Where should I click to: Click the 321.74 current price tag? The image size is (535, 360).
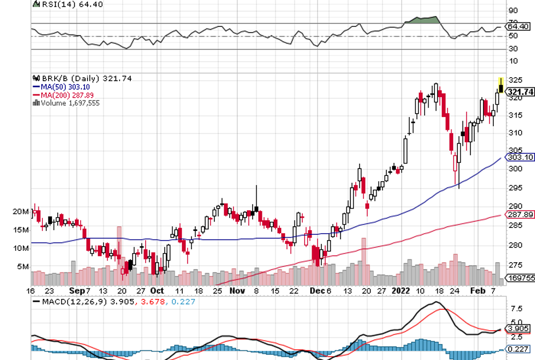click(x=520, y=91)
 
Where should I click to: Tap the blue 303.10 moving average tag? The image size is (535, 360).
click(x=520, y=157)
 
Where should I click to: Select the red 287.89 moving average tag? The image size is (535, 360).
click(x=520, y=214)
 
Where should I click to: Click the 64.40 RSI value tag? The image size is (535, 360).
click(x=519, y=26)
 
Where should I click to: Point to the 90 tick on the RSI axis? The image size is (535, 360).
click(x=513, y=11)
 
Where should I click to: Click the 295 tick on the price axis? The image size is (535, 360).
click(x=515, y=188)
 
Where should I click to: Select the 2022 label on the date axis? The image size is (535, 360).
click(x=401, y=291)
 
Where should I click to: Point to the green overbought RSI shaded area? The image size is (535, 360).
click(x=423, y=20)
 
